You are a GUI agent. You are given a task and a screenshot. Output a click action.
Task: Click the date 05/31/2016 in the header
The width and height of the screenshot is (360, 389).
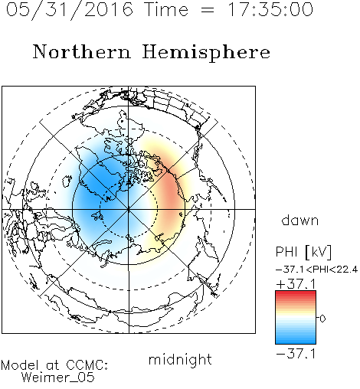[70, 10]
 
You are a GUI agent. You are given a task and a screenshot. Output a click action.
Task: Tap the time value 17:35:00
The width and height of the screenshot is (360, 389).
[270, 9]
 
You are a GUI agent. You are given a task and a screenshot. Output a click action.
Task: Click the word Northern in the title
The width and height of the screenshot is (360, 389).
[82, 51]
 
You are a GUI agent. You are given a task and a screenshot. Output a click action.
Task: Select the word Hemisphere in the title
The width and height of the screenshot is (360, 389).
[206, 52]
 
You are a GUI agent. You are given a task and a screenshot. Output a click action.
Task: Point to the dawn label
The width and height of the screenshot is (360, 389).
[300, 220]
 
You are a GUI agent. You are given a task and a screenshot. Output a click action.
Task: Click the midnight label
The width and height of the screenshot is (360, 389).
[180, 359]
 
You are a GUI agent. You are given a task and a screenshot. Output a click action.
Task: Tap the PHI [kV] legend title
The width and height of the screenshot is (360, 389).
[304, 252]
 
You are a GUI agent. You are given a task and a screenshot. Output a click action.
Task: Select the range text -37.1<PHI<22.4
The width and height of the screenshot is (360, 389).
[316, 270]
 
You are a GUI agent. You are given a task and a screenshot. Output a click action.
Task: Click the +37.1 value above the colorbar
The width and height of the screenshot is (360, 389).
[296, 284]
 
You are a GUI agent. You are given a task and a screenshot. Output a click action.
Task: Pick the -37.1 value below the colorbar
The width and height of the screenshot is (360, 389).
[296, 354]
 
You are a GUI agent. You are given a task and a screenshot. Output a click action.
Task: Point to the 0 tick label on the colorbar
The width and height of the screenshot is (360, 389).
[322, 319]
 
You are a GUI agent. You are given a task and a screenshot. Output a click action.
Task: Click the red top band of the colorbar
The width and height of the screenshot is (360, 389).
[296, 294]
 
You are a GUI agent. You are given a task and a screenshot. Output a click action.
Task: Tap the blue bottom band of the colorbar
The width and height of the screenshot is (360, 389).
[296, 340]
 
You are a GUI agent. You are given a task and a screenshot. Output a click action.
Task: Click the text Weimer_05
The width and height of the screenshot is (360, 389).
[58, 378]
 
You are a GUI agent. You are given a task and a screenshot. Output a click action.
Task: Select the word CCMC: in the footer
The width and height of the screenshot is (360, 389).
[87, 364]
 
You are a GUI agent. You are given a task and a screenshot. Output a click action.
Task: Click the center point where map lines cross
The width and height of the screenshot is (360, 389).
[129, 209]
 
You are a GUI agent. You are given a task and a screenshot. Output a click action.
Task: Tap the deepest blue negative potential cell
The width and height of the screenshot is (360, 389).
[98, 182]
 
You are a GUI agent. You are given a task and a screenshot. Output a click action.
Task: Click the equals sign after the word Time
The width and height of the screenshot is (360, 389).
[208, 10]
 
